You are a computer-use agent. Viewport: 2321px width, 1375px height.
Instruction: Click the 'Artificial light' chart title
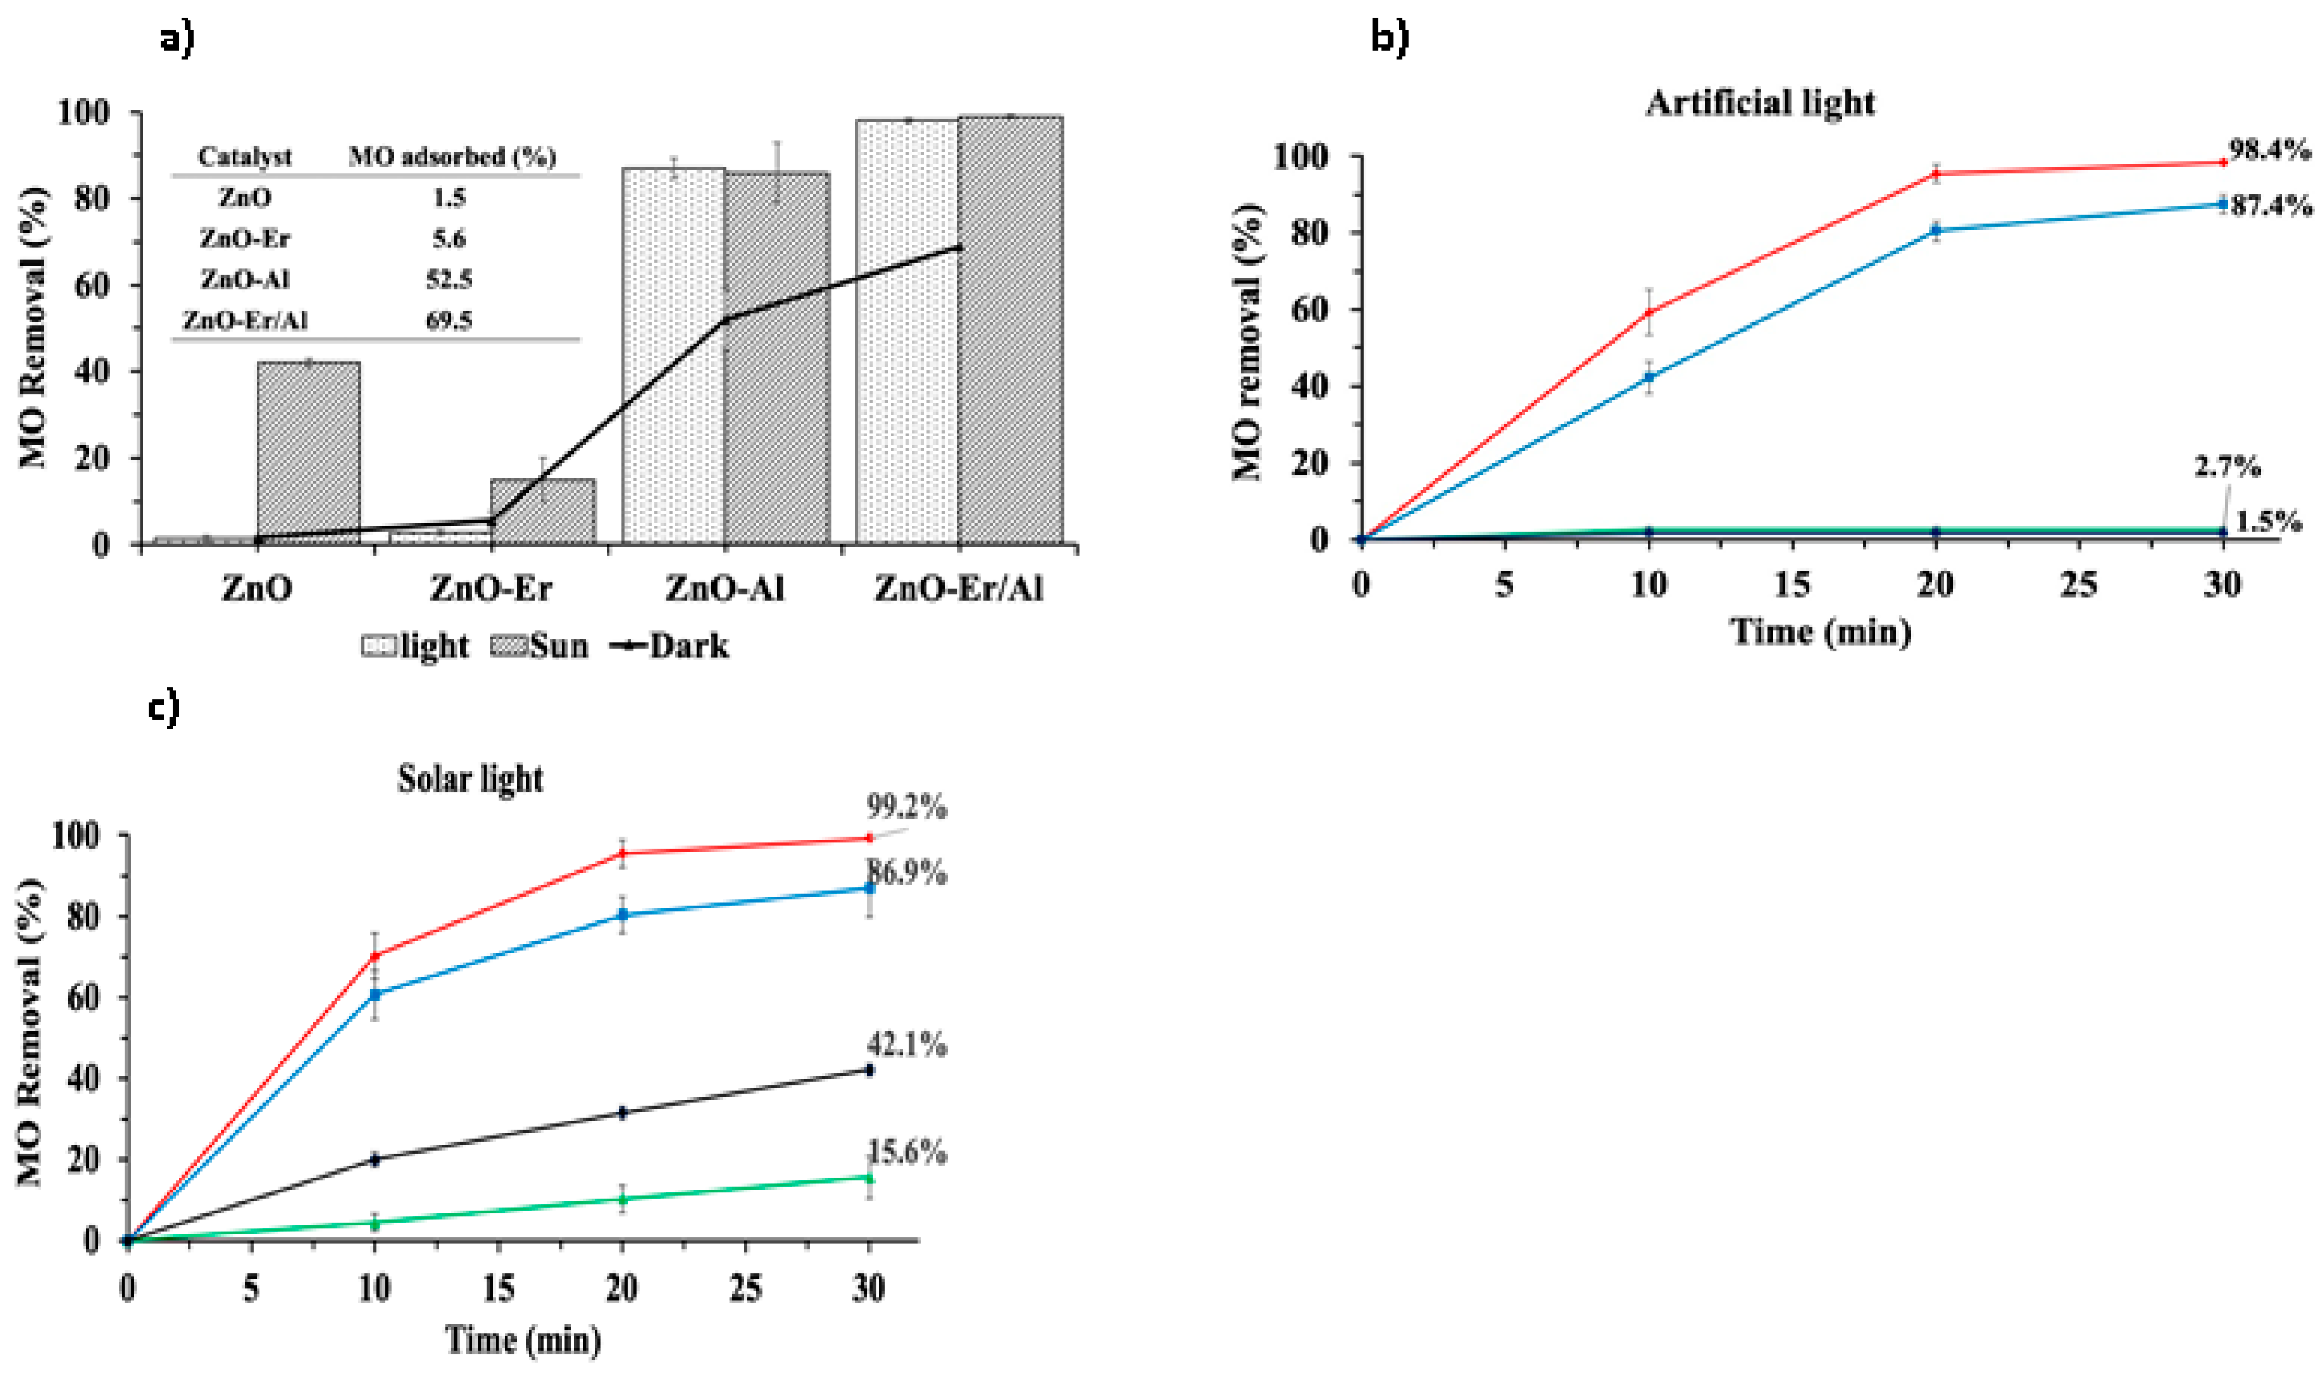tap(1759, 102)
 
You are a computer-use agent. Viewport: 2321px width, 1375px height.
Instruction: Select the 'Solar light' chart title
tap(470, 778)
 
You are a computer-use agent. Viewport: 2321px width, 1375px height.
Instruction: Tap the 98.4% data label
tap(2268, 150)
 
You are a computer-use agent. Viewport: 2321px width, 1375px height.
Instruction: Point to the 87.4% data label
tap(2270, 206)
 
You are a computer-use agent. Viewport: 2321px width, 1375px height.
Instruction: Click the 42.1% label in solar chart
tap(907, 1045)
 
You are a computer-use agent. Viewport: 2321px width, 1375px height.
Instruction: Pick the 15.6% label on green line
tap(907, 1153)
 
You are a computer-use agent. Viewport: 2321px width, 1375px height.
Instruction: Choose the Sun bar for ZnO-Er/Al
tap(1010, 329)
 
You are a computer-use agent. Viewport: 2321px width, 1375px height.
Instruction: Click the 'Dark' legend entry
tap(670, 646)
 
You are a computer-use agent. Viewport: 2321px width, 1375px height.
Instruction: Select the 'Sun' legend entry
tap(539, 646)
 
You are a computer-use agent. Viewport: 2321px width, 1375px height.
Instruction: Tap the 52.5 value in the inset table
tap(448, 279)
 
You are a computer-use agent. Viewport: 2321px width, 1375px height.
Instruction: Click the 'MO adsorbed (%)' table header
tap(453, 157)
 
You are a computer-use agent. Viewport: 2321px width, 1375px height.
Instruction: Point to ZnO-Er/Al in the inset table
tap(245, 320)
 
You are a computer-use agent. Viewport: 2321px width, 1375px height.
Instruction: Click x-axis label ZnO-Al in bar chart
tap(724, 588)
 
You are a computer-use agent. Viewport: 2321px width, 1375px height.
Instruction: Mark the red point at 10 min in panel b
tap(1648, 312)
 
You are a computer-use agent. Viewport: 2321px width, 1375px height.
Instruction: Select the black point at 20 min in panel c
tap(622, 1112)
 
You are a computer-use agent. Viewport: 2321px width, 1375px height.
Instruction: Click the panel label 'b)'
tap(1390, 37)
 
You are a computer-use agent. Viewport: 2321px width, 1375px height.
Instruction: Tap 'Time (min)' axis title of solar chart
tap(523, 1340)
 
